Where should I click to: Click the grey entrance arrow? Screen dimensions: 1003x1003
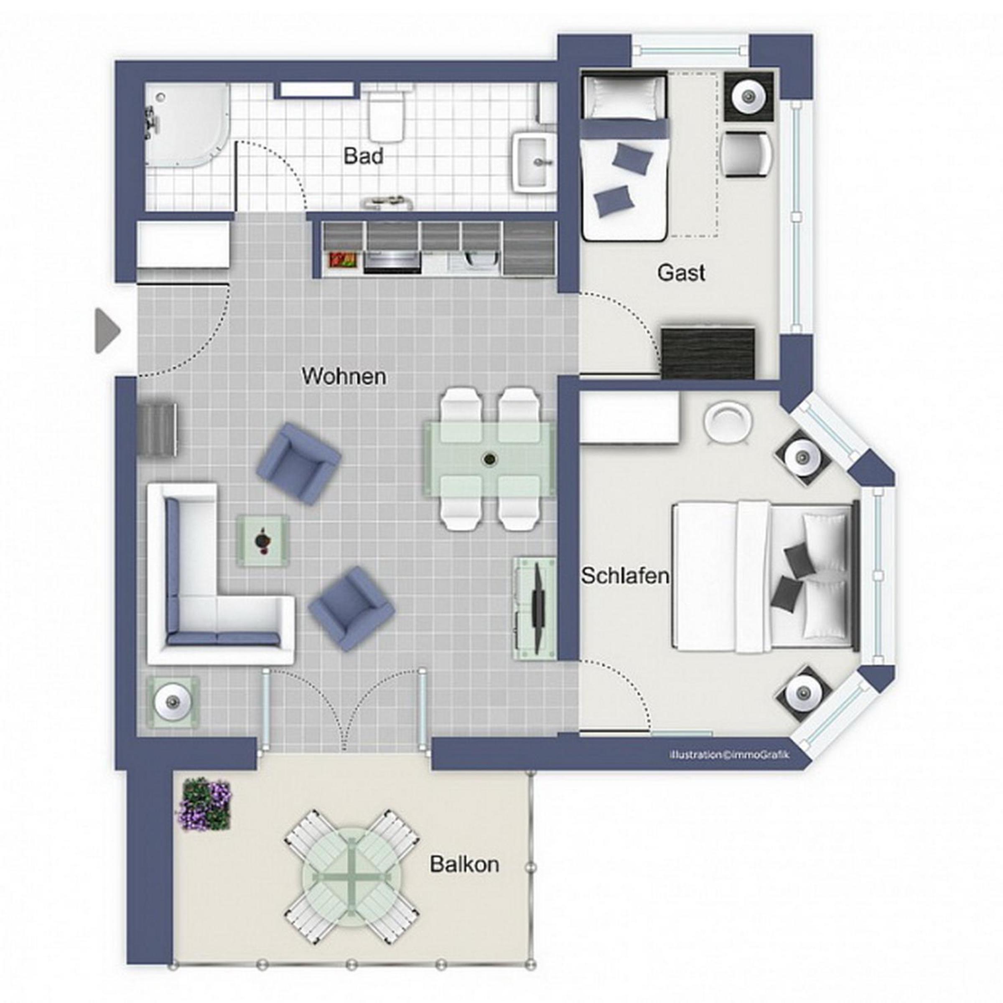pos(107,331)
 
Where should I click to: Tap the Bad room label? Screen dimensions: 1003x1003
pos(364,156)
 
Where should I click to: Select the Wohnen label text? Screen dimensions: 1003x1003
pos(344,376)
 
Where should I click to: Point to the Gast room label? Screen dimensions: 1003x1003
pos(681,272)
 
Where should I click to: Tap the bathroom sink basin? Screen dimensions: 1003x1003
pos(535,162)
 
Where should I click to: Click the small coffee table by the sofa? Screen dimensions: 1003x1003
pos(263,540)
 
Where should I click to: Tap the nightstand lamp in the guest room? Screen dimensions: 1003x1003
pos(748,97)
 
